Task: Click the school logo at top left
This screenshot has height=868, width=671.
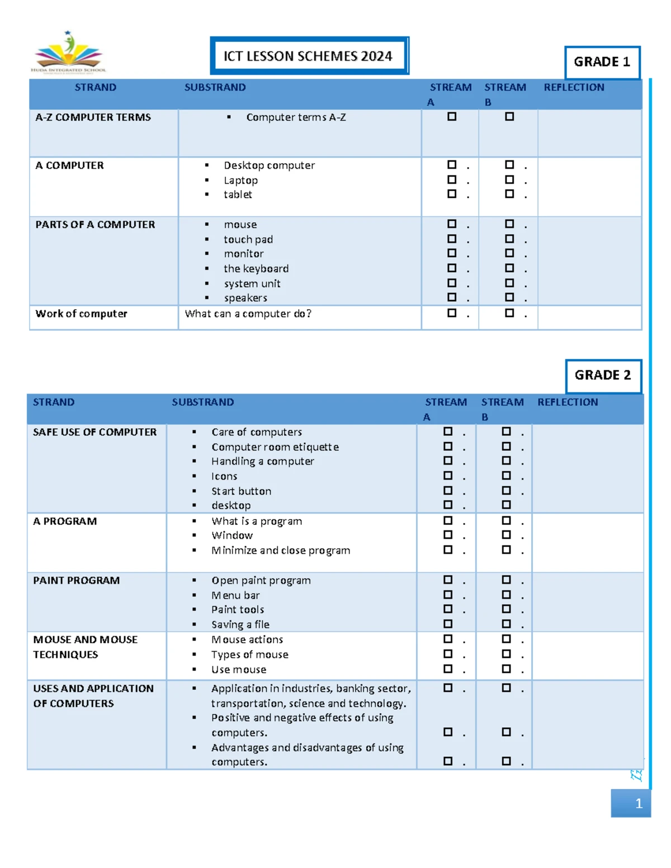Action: click(x=69, y=53)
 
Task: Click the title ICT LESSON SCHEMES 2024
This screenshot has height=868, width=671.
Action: click(x=308, y=56)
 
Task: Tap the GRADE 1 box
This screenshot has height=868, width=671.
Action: click(x=602, y=62)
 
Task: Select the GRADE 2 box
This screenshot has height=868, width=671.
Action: click(x=602, y=375)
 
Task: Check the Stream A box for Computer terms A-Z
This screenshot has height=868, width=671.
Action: click(x=452, y=117)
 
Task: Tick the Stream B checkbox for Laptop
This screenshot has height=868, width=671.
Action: click(x=509, y=179)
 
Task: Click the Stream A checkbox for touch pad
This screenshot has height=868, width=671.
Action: click(x=452, y=239)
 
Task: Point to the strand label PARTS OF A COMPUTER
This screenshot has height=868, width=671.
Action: click(x=95, y=225)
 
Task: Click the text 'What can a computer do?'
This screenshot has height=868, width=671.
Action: click(x=248, y=314)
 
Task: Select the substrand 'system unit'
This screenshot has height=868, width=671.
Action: click(x=252, y=284)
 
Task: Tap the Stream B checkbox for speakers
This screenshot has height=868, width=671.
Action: click(x=509, y=297)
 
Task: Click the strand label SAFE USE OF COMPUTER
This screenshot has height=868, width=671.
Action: click(x=94, y=432)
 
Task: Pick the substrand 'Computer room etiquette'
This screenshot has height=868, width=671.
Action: click(x=275, y=447)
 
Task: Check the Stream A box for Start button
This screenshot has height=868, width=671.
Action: click(x=448, y=490)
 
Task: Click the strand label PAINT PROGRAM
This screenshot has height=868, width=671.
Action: click(x=76, y=581)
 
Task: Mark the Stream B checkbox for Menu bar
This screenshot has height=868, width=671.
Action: click(x=506, y=595)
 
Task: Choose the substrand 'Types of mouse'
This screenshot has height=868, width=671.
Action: click(x=250, y=654)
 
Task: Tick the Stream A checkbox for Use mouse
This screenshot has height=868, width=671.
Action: click(x=448, y=668)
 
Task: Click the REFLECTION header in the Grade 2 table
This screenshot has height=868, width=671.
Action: click(x=568, y=402)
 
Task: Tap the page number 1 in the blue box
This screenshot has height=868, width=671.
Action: click(x=639, y=804)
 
